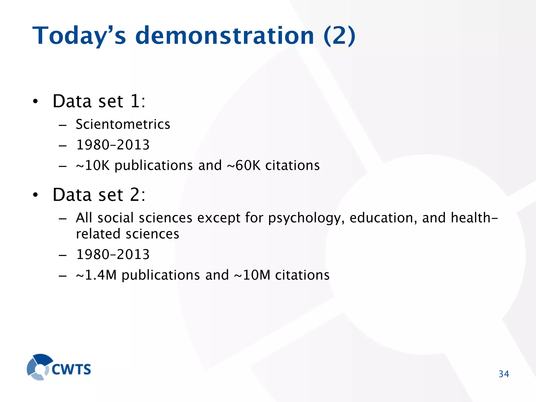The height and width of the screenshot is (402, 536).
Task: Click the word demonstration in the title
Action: (225, 36)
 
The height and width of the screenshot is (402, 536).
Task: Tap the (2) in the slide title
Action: (339, 36)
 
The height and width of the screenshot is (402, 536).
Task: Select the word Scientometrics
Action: (123, 124)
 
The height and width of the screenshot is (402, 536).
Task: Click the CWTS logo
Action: (59, 367)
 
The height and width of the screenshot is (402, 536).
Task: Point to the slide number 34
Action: (504, 374)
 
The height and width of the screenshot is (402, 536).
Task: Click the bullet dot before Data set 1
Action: (35, 102)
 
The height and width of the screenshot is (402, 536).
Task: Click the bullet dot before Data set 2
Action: (35, 195)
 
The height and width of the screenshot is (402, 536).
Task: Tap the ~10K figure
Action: (93, 166)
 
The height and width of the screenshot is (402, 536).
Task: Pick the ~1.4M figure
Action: (96, 275)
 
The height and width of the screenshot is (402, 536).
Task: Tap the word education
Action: (383, 218)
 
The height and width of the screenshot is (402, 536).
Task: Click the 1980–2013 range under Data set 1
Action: (113, 145)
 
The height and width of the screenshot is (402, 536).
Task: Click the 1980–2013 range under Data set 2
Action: (113, 255)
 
